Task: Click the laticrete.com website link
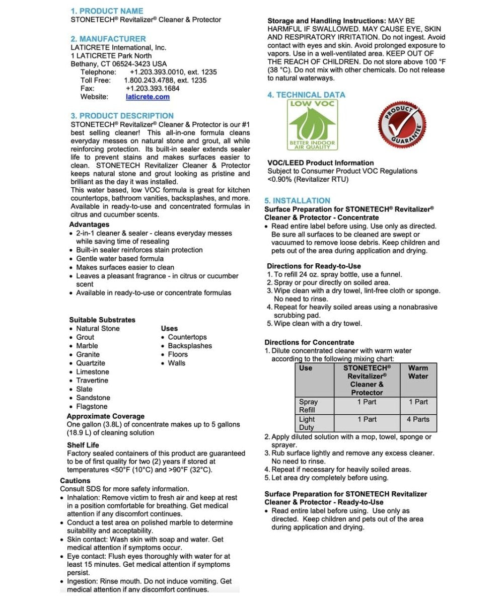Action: pos(148,97)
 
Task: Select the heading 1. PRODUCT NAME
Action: pos(107,11)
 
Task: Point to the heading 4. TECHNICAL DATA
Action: pos(306,95)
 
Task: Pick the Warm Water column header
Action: pos(418,372)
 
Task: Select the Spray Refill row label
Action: pos(308,406)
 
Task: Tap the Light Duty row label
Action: pos(307,423)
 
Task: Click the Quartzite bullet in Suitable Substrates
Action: pos(91,363)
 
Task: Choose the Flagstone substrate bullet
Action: pos(92,406)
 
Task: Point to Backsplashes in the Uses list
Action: pos(190,346)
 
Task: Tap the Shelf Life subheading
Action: pos(83,445)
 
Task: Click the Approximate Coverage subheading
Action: pos(105,416)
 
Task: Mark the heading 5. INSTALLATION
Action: pos(298,200)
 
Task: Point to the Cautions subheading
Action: pos(75,481)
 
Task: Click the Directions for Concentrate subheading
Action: pos(309,342)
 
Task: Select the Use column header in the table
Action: pos(306,368)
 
